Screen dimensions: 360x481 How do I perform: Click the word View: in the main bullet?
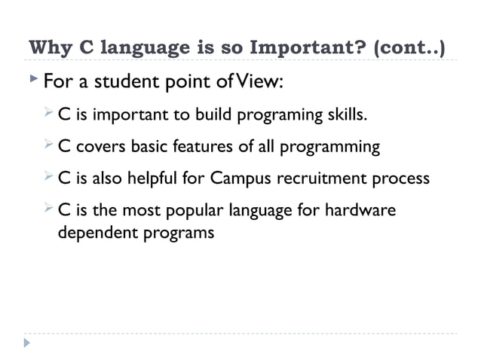[x=262, y=80]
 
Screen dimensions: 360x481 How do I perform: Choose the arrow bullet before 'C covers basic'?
[x=49, y=145]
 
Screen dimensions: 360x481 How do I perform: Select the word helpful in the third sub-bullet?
[x=153, y=178]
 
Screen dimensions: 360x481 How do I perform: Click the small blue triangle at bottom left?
[x=27, y=343]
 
